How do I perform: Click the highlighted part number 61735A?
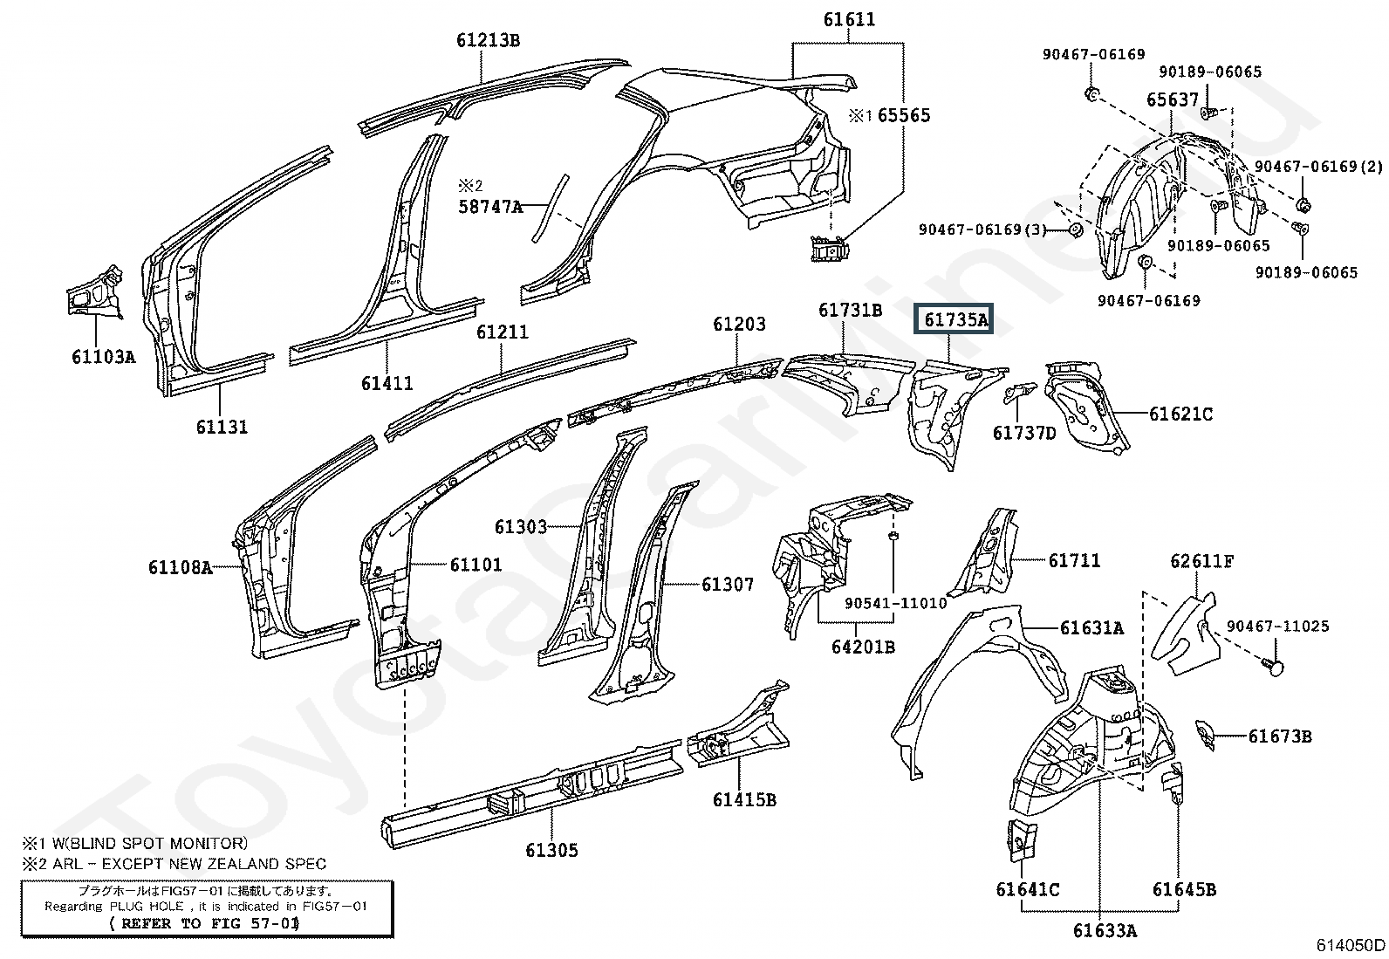click(x=956, y=320)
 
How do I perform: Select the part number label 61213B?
click(x=488, y=40)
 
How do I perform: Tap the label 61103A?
click(x=104, y=356)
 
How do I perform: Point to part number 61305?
click(x=551, y=850)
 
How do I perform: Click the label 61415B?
click(x=744, y=799)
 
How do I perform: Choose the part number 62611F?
click(x=1202, y=561)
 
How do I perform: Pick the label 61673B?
click(x=1280, y=736)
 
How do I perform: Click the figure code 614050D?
click(x=1351, y=945)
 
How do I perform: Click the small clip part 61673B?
click(x=1204, y=735)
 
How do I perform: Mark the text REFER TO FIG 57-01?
click(x=205, y=922)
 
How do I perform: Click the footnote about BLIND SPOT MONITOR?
click(x=135, y=843)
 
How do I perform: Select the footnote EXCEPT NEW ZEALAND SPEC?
click(x=174, y=864)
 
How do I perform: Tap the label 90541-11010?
click(x=896, y=603)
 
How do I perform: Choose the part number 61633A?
click(x=1105, y=930)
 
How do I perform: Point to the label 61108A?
click(x=180, y=567)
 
